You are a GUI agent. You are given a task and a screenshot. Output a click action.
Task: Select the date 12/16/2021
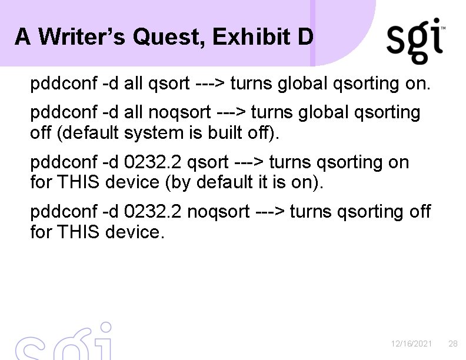pyautogui.click(x=411, y=343)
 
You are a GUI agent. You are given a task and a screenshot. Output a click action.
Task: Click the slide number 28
pyautogui.click(x=453, y=343)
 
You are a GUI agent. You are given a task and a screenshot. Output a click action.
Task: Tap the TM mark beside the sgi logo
pyautogui.click(x=443, y=28)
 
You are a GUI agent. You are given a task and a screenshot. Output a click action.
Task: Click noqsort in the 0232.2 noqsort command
pyautogui.click(x=218, y=211)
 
